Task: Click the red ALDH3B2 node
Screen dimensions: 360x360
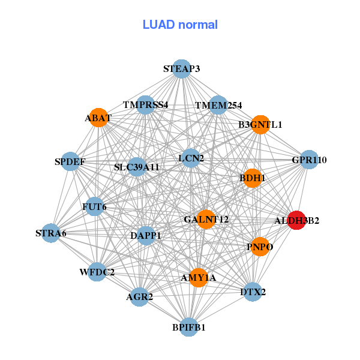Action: point(296,220)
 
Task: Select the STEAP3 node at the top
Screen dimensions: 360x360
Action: point(182,69)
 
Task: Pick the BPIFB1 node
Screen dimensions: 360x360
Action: point(189,327)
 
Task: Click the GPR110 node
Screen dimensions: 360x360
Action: point(309,160)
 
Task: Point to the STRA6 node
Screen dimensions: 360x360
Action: point(51,233)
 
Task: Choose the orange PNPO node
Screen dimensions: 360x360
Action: point(260,247)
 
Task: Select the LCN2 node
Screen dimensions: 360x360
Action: point(191,158)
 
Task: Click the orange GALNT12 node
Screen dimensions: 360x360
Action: point(206,220)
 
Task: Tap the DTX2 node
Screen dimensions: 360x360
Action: point(253,292)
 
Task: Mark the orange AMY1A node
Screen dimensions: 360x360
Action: point(199,277)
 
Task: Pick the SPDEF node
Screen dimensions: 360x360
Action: point(70,161)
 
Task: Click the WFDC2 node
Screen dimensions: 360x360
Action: point(97,272)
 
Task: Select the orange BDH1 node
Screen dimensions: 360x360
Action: point(253,178)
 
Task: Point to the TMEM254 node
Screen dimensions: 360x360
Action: point(218,106)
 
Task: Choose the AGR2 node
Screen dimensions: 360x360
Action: point(139,296)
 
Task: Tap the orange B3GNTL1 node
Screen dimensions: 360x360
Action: point(260,125)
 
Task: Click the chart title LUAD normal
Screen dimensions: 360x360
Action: point(180,25)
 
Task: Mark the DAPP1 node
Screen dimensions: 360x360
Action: point(146,236)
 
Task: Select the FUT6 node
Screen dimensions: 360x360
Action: point(95,207)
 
